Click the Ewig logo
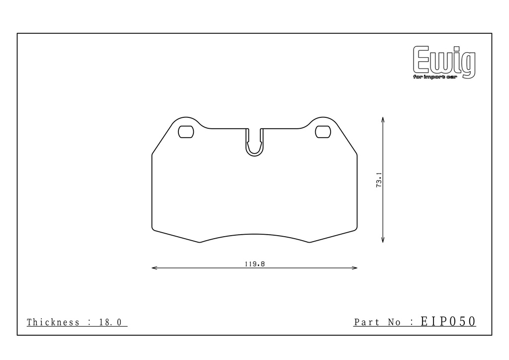pyautogui.click(x=444, y=62)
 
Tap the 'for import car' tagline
pyautogui.click(x=435, y=77)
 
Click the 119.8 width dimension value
pyautogui.click(x=255, y=264)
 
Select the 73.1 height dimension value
pyautogui.click(x=379, y=180)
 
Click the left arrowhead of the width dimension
pyautogui.click(x=152, y=268)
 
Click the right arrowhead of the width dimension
pyautogui.click(x=357, y=268)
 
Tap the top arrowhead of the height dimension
pyautogui.click(x=383, y=117)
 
